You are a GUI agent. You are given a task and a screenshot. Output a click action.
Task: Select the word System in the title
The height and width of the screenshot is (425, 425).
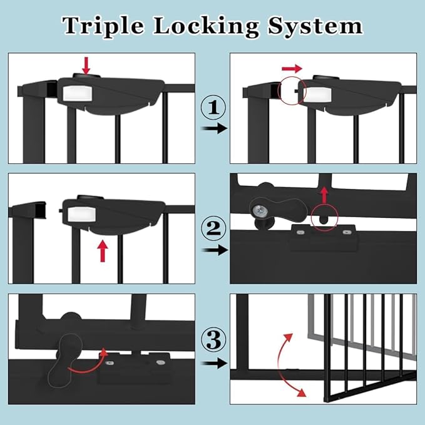[x=318, y=26]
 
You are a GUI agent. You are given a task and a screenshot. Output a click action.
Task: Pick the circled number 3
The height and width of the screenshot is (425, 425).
[x=213, y=342]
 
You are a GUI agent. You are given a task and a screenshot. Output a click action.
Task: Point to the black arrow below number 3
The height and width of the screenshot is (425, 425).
[x=213, y=363]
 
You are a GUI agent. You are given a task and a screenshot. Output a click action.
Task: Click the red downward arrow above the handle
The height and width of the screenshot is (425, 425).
[x=86, y=64]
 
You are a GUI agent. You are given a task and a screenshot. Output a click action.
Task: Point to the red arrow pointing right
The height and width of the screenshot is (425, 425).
[x=290, y=68]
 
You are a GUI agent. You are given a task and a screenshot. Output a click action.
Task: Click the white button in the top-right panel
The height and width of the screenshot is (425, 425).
[x=315, y=93]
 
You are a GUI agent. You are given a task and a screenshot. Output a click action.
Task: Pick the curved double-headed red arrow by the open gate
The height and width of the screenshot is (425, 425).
[x=289, y=366]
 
